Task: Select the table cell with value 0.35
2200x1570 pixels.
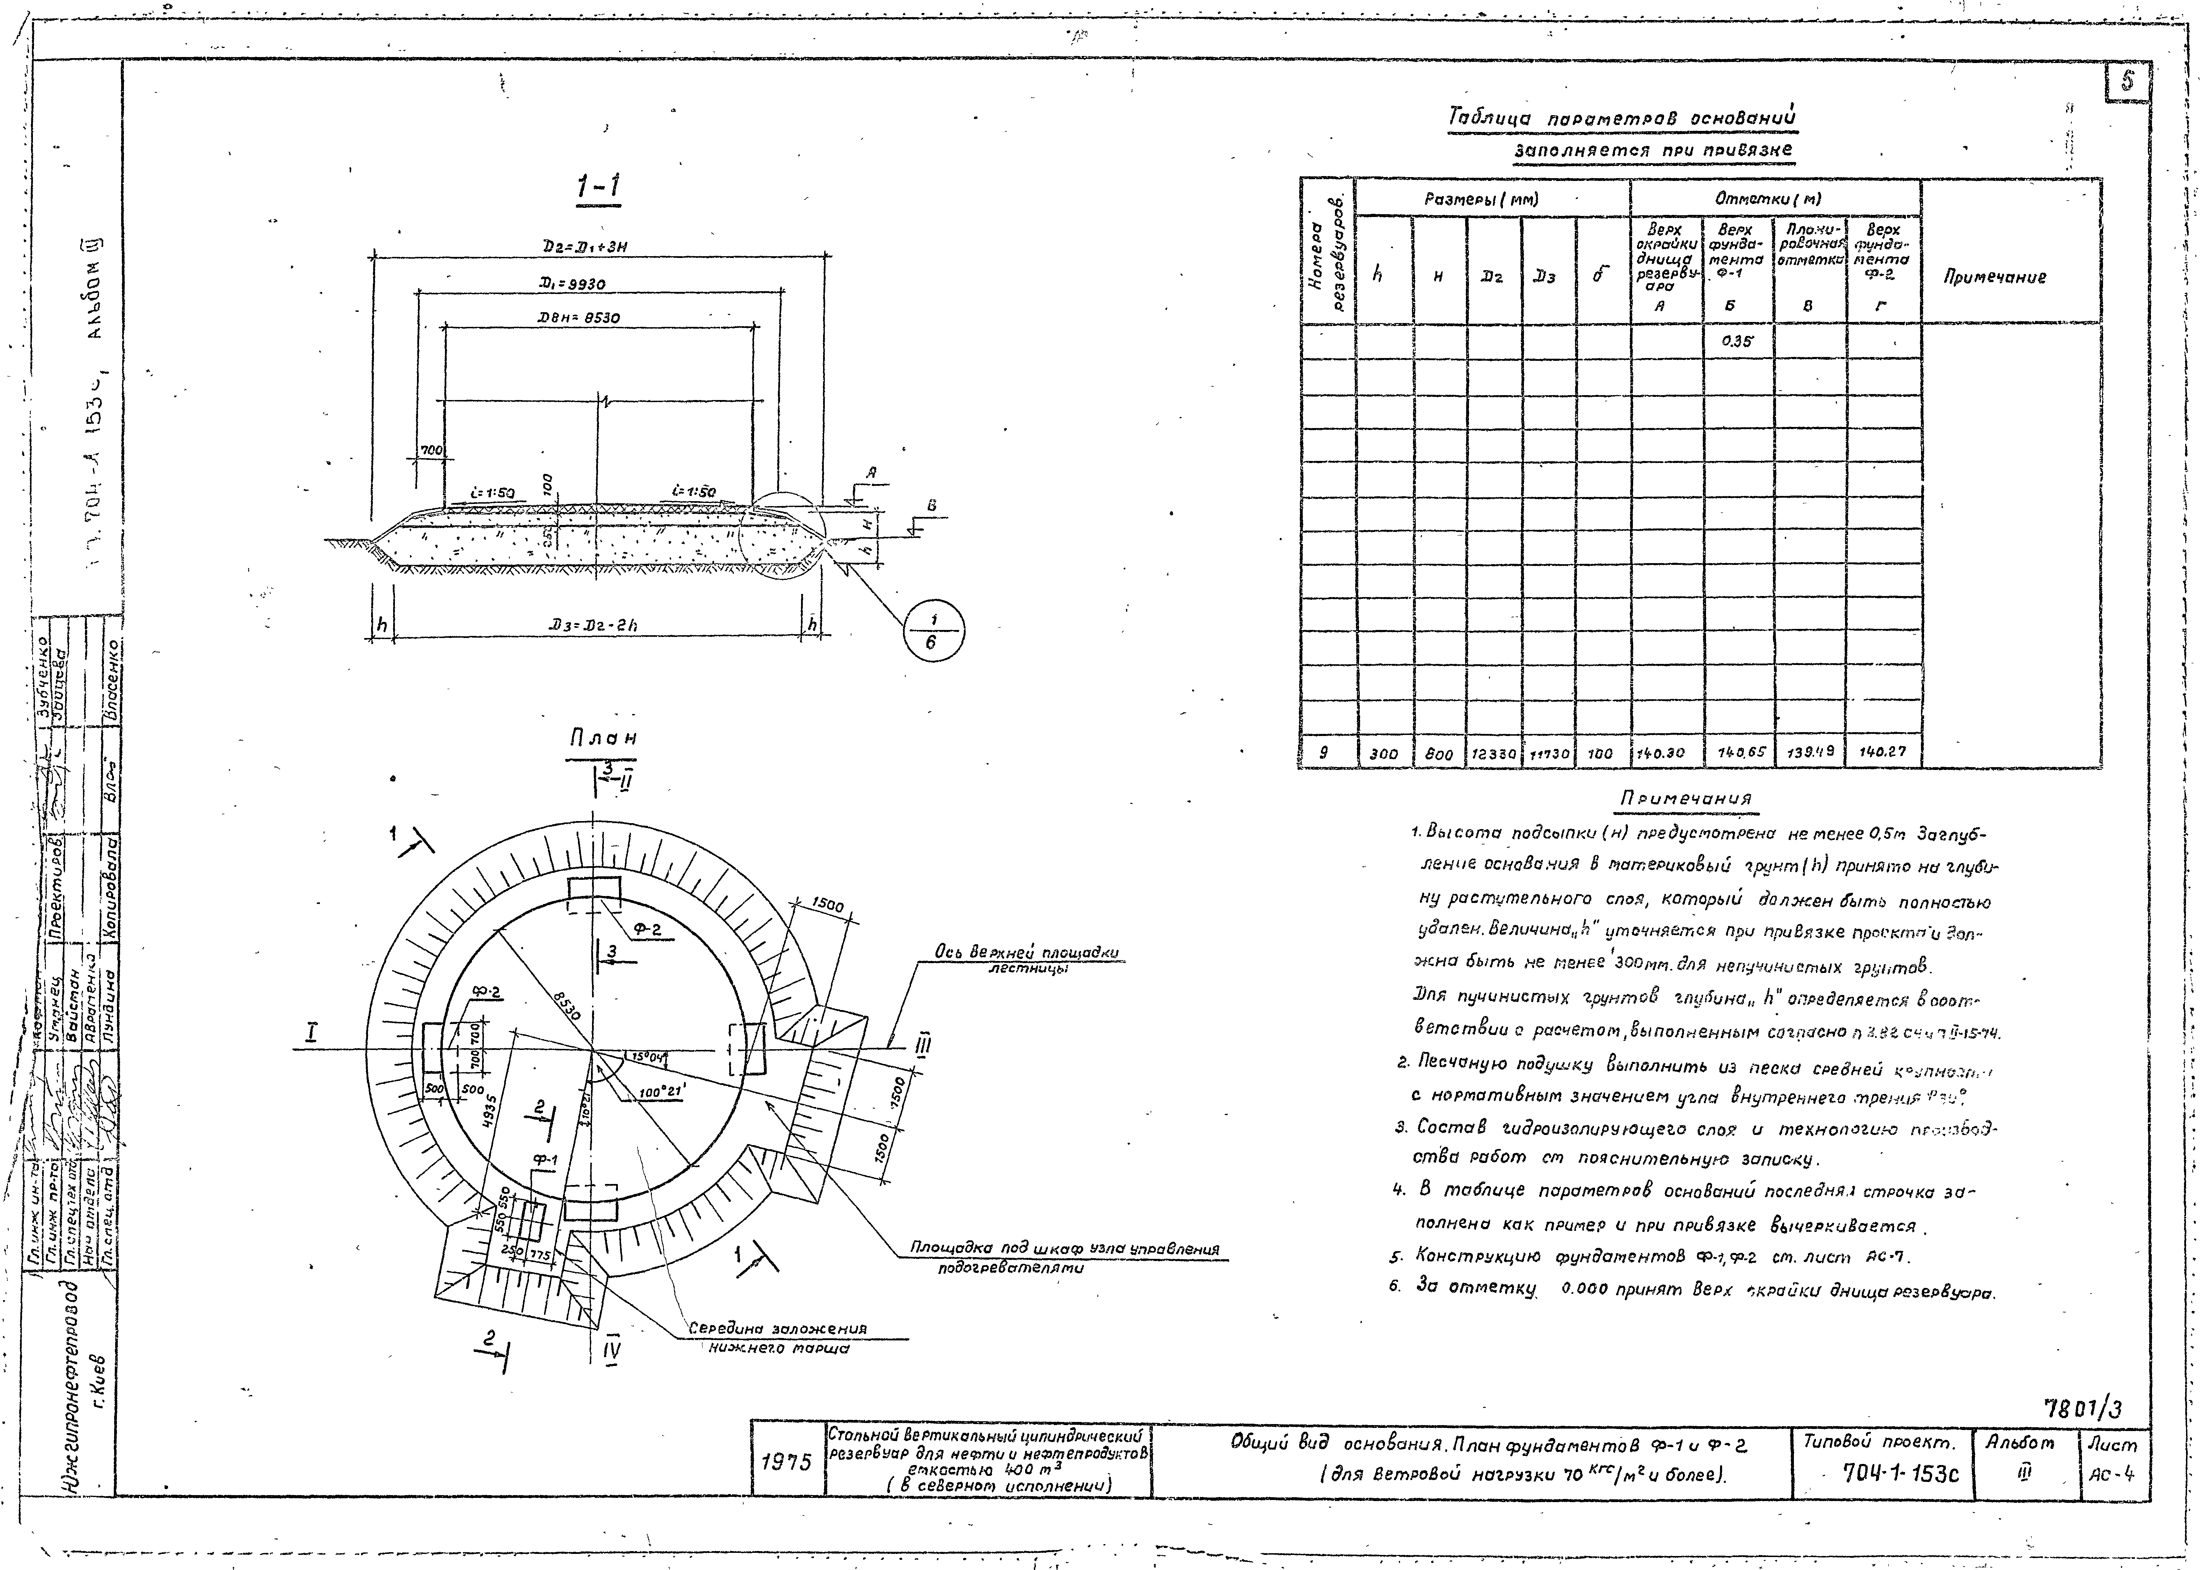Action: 1738,340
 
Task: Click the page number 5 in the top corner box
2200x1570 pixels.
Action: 2128,82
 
